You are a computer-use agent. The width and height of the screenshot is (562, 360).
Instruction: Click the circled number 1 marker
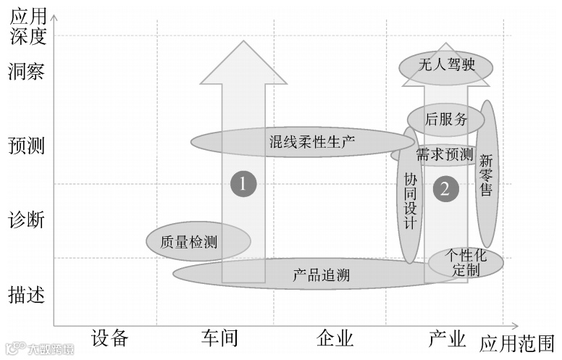[x=243, y=184]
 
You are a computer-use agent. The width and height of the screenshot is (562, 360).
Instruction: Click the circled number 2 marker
[x=445, y=190]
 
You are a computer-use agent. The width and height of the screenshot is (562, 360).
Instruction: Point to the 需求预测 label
[x=444, y=154]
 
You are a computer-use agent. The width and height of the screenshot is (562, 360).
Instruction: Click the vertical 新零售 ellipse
[x=486, y=175]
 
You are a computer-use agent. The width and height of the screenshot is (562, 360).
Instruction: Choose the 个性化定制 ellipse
[x=466, y=263]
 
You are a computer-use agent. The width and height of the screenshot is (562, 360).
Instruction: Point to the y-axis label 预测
[x=26, y=146]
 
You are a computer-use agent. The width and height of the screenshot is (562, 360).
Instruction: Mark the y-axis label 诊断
[x=26, y=219]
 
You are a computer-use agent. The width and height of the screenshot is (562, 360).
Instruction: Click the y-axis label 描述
[x=26, y=295]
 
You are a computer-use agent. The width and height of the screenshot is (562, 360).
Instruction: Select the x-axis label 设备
[x=110, y=338]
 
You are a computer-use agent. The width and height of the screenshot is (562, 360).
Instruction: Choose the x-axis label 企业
[x=335, y=338]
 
